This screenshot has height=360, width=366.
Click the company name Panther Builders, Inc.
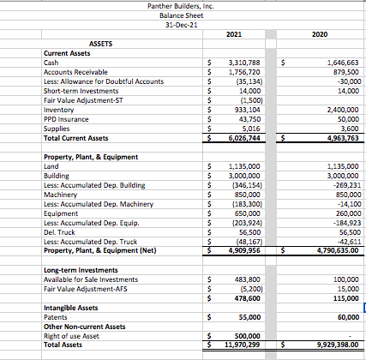(183, 6)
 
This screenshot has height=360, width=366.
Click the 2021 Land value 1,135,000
(246, 165)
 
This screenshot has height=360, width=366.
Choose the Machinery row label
(63, 194)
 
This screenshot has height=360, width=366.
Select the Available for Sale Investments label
(90, 279)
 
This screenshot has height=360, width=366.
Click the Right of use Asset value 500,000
(248, 336)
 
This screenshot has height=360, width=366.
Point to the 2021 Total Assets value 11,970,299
(243, 345)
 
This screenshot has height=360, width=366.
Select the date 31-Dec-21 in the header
(183, 24)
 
